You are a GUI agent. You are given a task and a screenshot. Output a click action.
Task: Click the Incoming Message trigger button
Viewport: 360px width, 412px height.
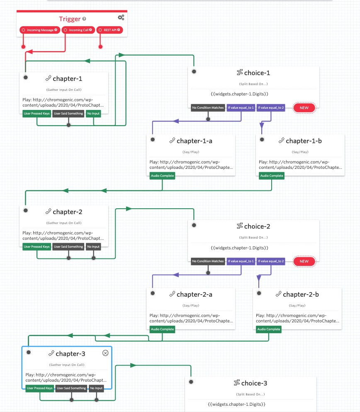pyautogui.click(x=40, y=30)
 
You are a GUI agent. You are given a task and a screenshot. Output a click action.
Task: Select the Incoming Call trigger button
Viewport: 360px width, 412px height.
pyautogui.click(x=78, y=30)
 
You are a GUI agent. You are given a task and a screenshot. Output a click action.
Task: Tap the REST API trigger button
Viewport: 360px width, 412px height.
pyautogui.click(x=109, y=30)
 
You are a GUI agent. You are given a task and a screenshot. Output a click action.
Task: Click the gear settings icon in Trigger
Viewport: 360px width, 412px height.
pyautogui.click(x=121, y=17)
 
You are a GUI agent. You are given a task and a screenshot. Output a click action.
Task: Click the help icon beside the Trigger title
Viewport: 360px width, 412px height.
pyautogui.click(x=85, y=19)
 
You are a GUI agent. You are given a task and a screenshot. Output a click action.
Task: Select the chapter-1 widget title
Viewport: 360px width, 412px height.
pyautogui.click(x=67, y=79)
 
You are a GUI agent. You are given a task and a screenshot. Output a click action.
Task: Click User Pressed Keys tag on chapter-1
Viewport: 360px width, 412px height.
pyautogui.click(x=36, y=114)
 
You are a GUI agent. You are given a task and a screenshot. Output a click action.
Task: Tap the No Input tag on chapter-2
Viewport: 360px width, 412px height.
pyautogui.click(x=93, y=246)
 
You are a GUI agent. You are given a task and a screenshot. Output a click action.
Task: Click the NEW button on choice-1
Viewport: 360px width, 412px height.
pyautogui.click(x=304, y=108)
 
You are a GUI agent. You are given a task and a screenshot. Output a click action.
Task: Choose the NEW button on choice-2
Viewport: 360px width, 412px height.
pyautogui.click(x=304, y=261)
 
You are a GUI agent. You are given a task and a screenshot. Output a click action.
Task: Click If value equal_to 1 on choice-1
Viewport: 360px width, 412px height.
pyautogui.click(x=241, y=108)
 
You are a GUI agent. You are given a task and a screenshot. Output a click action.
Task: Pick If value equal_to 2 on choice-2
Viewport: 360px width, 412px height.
pyautogui.click(x=270, y=261)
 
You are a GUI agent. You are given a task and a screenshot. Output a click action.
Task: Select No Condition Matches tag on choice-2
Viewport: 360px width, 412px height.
pyautogui.click(x=208, y=261)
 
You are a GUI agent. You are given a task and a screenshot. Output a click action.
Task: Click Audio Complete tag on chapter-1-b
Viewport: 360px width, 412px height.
pyautogui.click(x=272, y=176)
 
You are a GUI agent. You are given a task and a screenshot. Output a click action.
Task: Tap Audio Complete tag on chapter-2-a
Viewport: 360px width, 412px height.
pyautogui.click(x=162, y=329)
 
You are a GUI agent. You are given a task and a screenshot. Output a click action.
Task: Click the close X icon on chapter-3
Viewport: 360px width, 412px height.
pyautogui.click(x=105, y=353)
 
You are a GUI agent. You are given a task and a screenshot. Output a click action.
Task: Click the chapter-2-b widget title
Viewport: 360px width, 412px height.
pyautogui.click(x=301, y=295)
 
